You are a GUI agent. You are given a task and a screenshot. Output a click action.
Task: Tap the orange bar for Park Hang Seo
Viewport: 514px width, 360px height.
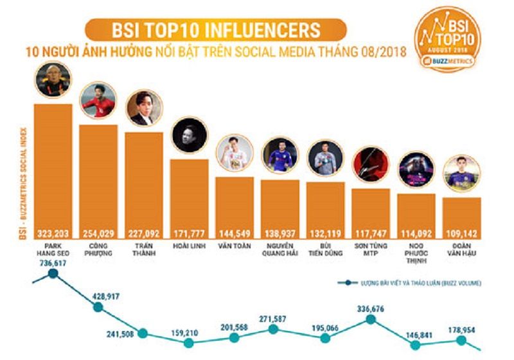[53, 167]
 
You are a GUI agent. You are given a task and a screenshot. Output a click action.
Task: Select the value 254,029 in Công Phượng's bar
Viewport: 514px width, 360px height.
[98, 233]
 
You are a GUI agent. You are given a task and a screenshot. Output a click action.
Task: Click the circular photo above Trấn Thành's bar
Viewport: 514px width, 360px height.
[144, 108]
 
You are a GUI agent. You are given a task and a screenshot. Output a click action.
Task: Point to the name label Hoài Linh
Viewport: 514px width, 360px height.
[190, 246]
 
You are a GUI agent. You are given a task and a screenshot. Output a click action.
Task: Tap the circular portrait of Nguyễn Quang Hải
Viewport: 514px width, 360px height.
[281, 155]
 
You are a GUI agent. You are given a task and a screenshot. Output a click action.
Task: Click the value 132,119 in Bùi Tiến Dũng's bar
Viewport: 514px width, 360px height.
[326, 233]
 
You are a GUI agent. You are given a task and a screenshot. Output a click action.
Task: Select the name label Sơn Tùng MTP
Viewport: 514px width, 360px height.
[371, 250]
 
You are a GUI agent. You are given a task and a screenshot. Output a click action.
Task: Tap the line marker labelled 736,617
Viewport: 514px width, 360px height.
[53, 274]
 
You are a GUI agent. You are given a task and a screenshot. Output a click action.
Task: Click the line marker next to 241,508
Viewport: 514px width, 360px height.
[143, 333]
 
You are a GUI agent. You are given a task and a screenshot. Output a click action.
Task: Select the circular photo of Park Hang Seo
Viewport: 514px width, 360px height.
[52, 79]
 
